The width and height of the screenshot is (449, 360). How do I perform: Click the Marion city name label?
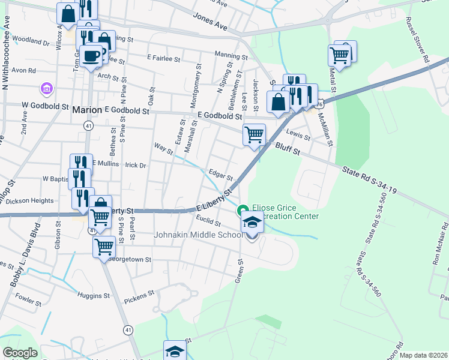tap(87, 110)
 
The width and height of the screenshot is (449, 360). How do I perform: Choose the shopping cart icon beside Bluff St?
tap(254, 134)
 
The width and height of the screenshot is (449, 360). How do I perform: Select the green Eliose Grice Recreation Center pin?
tap(243, 211)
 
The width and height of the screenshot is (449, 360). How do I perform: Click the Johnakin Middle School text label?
tap(198, 235)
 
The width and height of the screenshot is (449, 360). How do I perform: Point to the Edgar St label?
tap(220, 174)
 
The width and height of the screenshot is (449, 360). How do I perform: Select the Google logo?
tap(20, 353)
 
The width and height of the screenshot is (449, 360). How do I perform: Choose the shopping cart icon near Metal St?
tap(340, 55)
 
